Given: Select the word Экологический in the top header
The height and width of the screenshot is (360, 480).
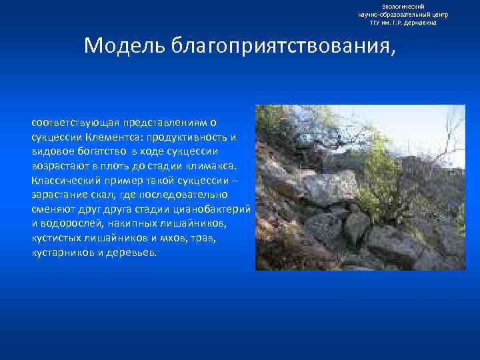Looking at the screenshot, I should [x=399, y=6].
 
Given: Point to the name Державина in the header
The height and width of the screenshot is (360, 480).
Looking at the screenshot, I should [x=421, y=22].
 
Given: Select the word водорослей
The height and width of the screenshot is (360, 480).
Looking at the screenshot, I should [x=70, y=223].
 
